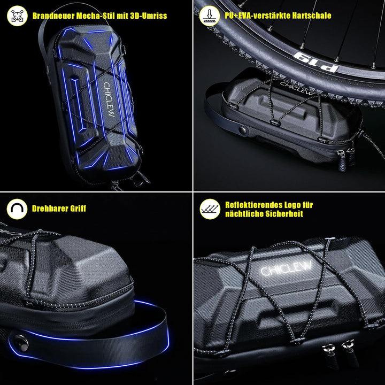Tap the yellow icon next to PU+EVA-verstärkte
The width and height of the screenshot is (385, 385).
pos(209,16)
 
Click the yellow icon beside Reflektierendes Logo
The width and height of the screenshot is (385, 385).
pos(209,209)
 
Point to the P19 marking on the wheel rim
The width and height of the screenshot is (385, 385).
pos(316,61)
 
